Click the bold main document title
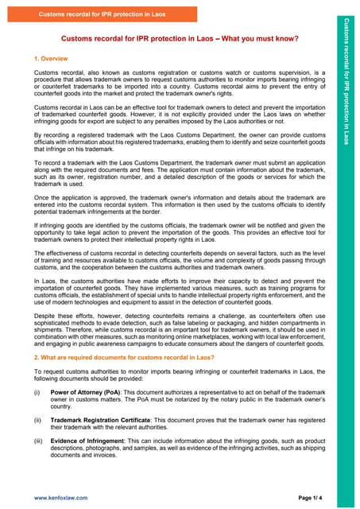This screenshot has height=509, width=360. [x=180, y=39]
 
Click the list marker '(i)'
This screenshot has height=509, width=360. [x=37, y=392]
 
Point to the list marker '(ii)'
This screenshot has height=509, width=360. [x=37, y=419]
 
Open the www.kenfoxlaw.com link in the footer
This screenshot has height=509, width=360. [x=60, y=497]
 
